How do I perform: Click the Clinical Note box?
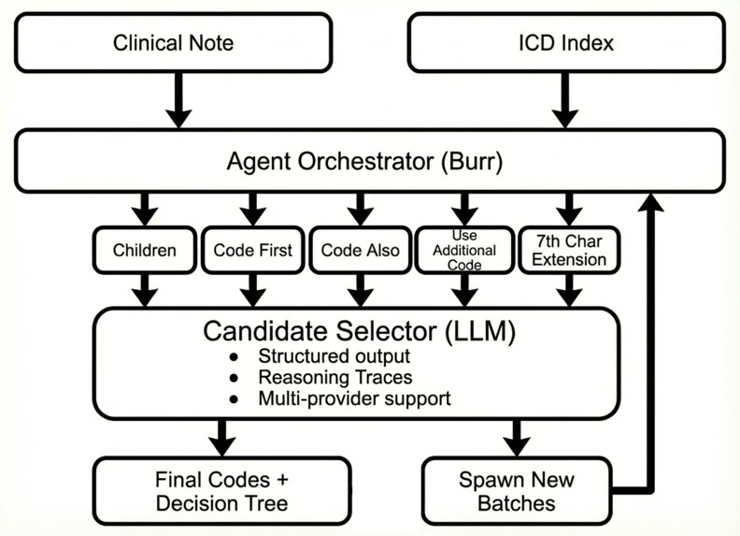(173, 43)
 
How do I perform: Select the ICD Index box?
(565, 43)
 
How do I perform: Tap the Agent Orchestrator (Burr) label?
(364, 162)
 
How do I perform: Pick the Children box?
(143, 250)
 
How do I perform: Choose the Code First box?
(251, 250)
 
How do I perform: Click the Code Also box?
(359, 250)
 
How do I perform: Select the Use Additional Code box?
(464, 250)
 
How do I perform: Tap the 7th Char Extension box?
(569, 250)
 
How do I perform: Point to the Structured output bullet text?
(334, 357)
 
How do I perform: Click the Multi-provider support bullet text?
(354, 398)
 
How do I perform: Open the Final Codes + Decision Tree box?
(221, 492)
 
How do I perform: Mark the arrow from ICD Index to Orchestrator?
(565, 101)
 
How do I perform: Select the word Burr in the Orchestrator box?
(474, 162)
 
